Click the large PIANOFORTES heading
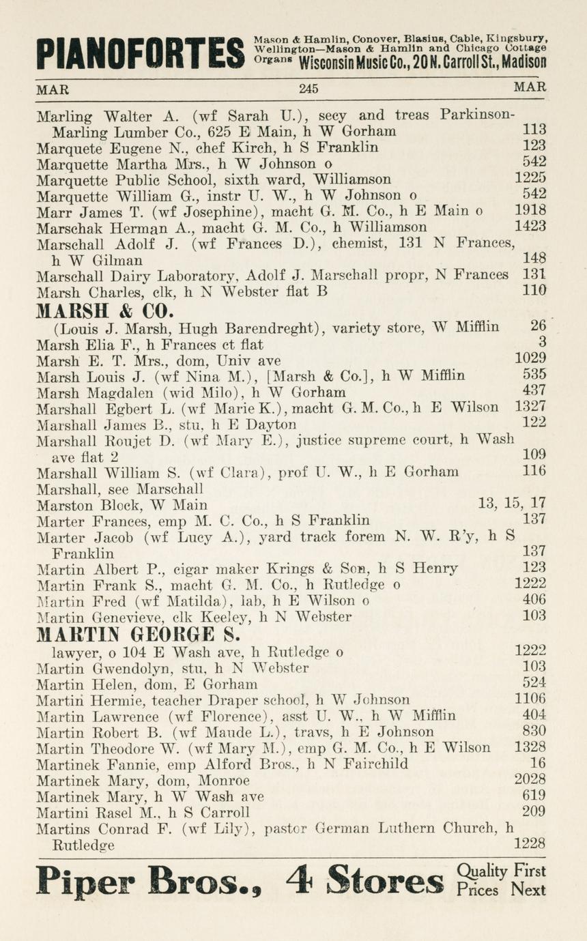click(141, 53)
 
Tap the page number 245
click(309, 88)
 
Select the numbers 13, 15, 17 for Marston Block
click(513, 504)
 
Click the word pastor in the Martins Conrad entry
click(289, 830)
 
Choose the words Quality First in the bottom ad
click(502, 871)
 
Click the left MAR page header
click(53, 89)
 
